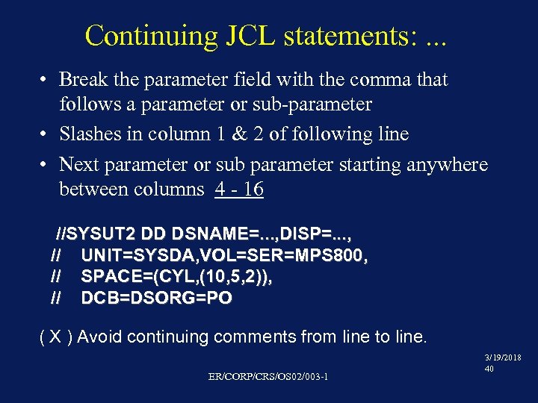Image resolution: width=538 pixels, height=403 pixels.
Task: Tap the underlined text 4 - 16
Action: (x=239, y=190)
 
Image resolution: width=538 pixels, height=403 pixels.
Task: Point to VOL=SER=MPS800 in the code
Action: (x=281, y=256)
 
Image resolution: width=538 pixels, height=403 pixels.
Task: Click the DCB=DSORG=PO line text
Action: (x=156, y=298)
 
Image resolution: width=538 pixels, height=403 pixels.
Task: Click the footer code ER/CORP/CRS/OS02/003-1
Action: (x=268, y=375)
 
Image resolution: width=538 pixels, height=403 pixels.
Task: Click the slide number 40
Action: (x=489, y=369)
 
